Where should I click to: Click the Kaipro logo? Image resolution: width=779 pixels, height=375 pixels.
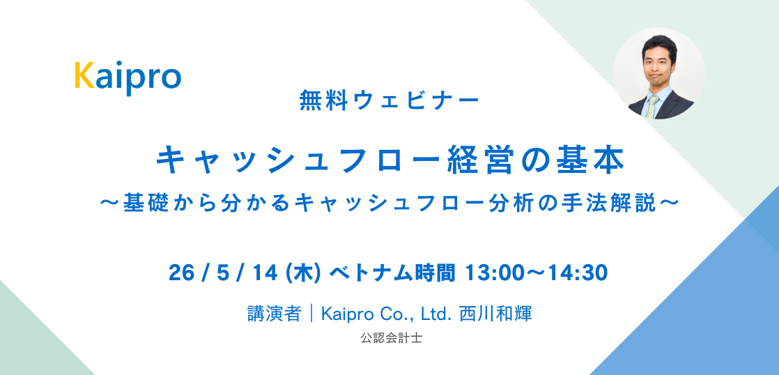tap(128, 77)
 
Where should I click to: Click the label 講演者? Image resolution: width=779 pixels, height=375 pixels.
tap(272, 314)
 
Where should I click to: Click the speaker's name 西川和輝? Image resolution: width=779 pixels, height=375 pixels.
tap(495, 314)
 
